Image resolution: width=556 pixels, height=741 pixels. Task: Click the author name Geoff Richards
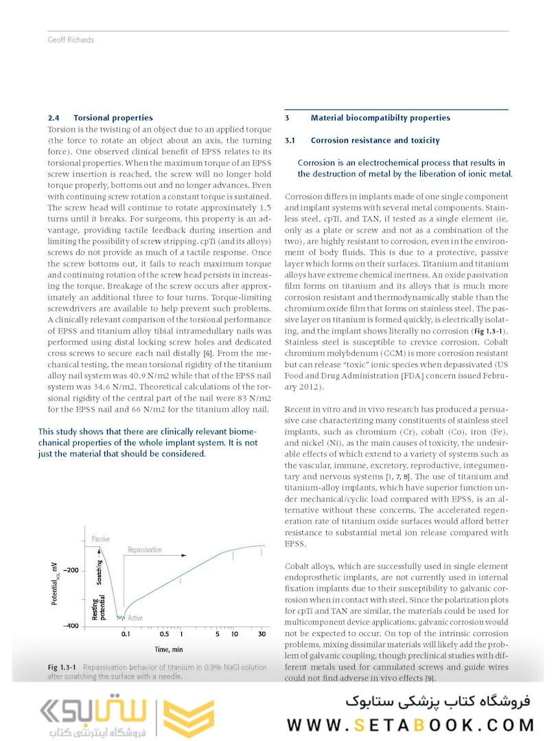point(71,40)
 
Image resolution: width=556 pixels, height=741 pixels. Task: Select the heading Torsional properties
point(113,118)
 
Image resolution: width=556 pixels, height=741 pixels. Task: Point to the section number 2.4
point(54,118)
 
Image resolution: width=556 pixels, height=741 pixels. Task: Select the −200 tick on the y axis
point(71,570)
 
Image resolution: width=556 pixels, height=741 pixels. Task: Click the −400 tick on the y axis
point(71,626)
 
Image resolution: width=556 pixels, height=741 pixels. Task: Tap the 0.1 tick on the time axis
point(126,635)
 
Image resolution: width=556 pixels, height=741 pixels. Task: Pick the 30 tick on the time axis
point(262,635)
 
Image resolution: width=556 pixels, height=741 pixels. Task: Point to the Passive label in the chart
point(100,539)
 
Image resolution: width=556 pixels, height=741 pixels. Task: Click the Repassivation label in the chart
point(145,550)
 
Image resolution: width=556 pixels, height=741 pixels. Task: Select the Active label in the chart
point(135,618)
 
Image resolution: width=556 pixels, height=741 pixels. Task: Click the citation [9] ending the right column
point(429,679)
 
